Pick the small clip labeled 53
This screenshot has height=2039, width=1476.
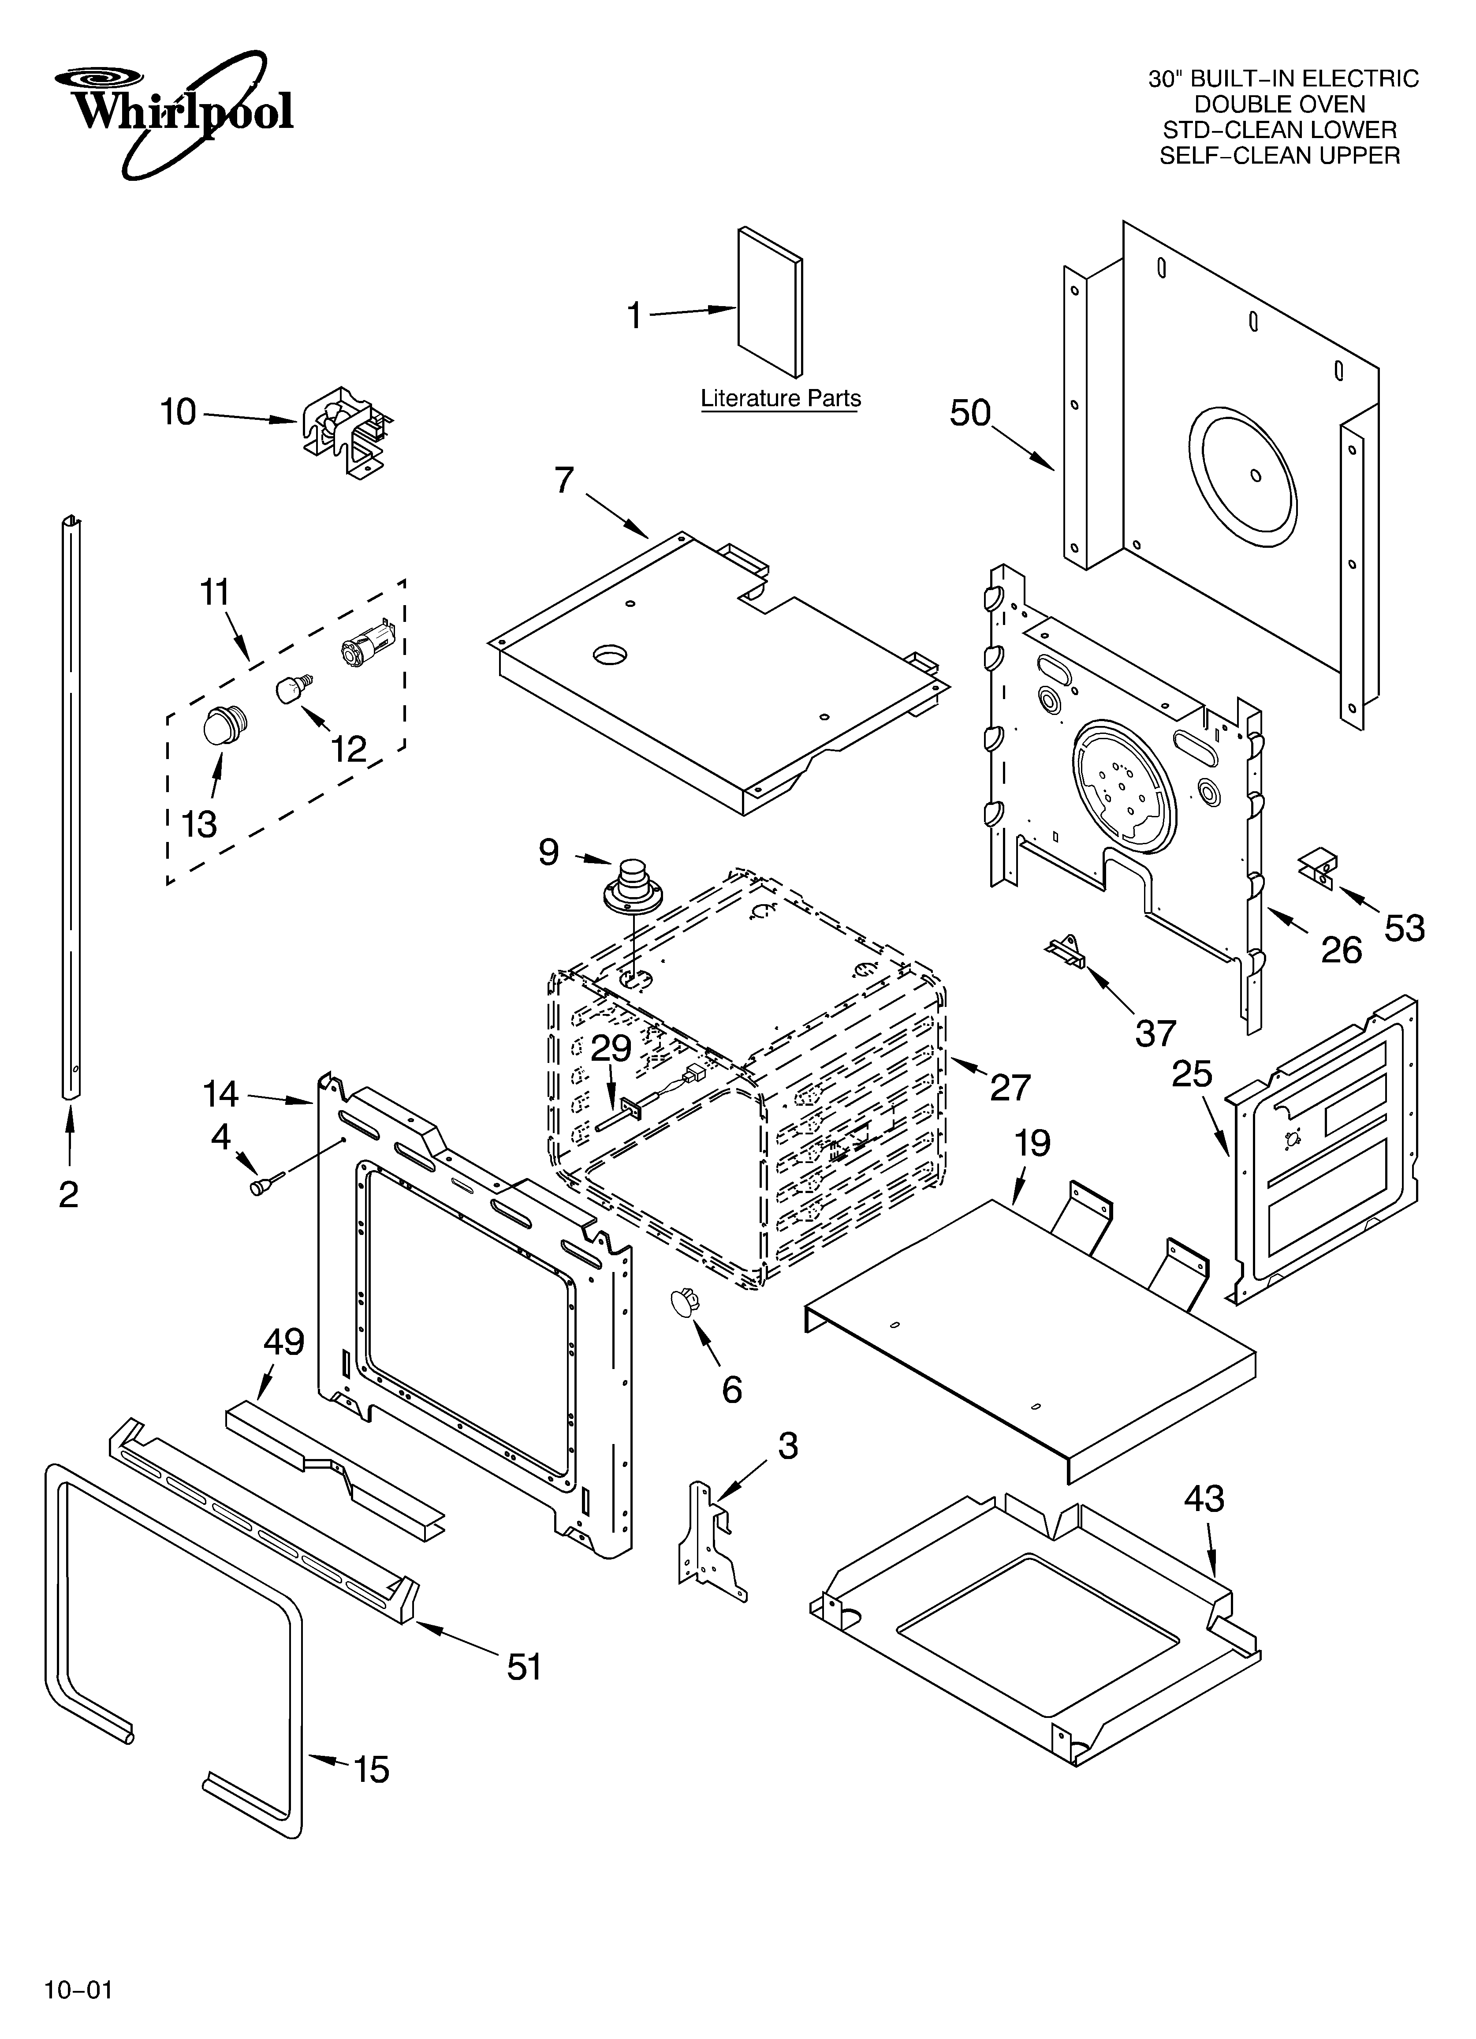point(1318,868)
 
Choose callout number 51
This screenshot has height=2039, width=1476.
point(524,1667)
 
